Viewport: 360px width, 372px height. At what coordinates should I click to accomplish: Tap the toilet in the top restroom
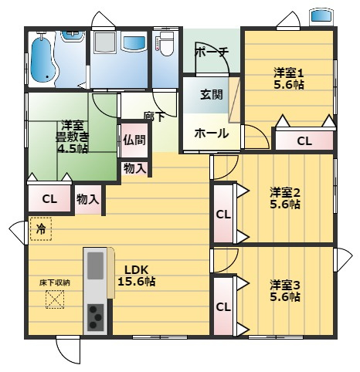[x=165, y=46]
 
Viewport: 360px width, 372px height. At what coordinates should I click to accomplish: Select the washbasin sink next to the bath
[x=131, y=42]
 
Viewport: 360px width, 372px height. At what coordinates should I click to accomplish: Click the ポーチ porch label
[x=212, y=52]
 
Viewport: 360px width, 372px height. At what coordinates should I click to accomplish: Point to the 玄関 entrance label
[x=212, y=96]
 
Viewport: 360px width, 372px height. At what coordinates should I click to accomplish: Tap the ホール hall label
[x=211, y=133]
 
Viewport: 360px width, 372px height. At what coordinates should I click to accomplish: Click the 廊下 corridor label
[x=154, y=117]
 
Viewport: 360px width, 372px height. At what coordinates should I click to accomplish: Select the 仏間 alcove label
[x=133, y=140]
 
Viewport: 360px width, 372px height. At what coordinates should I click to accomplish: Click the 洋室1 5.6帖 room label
[x=288, y=79]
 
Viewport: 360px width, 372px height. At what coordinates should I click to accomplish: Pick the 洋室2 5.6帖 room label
[x=285, y=198]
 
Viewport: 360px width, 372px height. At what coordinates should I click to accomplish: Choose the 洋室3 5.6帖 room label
[x=285, y=289]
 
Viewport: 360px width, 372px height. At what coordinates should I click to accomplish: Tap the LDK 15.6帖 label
[x=136, y=276]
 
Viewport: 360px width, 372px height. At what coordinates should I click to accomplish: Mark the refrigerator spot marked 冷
[x=41, y=229]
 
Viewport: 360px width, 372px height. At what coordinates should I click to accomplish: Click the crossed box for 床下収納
[x=55, y=299]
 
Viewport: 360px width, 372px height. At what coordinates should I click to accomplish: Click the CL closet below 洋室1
[x=304, y=141]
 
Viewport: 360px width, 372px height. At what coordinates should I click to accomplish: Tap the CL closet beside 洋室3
[x=223, y=306]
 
